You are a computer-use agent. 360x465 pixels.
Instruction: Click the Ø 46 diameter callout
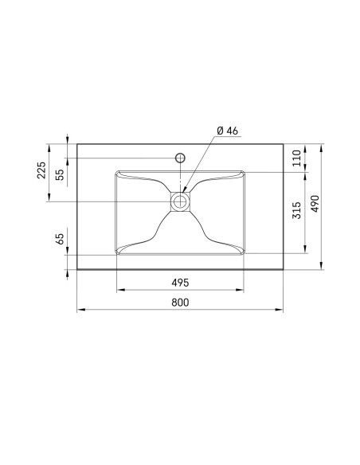point(228,131)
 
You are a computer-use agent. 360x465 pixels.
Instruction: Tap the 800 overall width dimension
point(180,303)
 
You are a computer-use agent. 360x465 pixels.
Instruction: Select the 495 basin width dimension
point(180,283)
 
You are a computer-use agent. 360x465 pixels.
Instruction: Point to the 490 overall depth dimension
point(315,204)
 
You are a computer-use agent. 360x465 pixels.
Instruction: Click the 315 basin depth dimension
point(297,210)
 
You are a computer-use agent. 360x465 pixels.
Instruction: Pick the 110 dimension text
point(297,158)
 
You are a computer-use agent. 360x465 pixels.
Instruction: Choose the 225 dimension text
point(41,170)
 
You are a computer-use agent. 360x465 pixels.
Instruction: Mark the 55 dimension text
point(60,175)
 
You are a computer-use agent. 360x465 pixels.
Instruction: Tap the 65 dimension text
point(60,239)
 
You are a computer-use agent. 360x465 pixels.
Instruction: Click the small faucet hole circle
point(180,158)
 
